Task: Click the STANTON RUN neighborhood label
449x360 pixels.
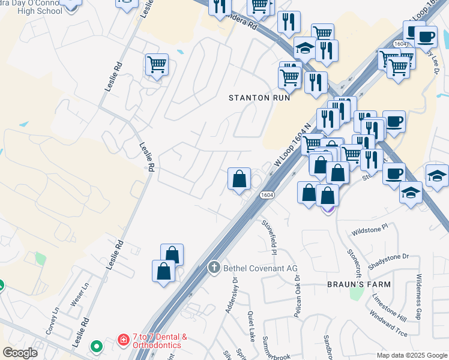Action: (x=260, y=97)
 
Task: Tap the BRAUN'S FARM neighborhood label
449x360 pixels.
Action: (x=358, y=284)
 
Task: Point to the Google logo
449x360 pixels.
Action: (x=20, y=353)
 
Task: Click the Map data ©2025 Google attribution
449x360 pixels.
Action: (x=412, y=355)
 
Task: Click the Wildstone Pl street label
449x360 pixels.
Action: (x=370, y=230)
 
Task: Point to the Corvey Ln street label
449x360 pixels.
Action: (x=52, y=321)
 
